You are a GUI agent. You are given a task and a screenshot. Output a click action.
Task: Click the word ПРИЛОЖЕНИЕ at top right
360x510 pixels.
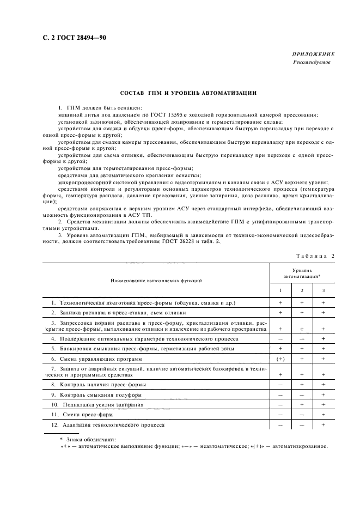click(314, 54)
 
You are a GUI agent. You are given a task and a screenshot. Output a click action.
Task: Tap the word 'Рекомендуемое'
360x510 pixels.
click(312, 62)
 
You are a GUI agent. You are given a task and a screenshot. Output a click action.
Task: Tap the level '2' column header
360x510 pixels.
click(302, 290)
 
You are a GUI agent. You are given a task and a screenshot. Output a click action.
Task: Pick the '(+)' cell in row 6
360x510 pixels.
click(280, 359)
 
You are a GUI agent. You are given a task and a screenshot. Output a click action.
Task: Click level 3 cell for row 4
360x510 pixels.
click(324, 338)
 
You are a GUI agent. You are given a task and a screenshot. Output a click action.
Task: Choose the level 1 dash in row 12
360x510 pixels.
click(280, 424)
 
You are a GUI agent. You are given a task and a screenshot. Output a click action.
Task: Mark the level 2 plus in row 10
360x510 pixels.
click(302, 405)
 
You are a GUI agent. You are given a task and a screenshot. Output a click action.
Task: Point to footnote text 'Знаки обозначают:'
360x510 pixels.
click(87, 439)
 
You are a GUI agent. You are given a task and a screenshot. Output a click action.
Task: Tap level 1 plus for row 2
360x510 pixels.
click(280, 313)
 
